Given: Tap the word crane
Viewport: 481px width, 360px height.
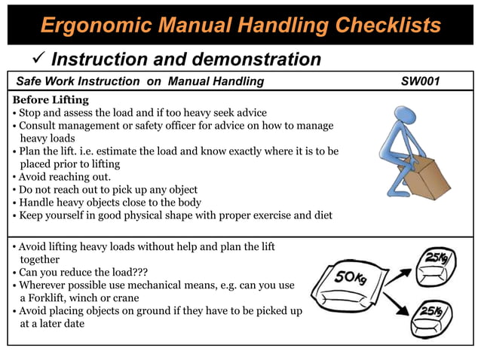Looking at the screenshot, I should point(126,297).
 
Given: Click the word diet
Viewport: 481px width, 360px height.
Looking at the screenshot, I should point(322,216).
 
